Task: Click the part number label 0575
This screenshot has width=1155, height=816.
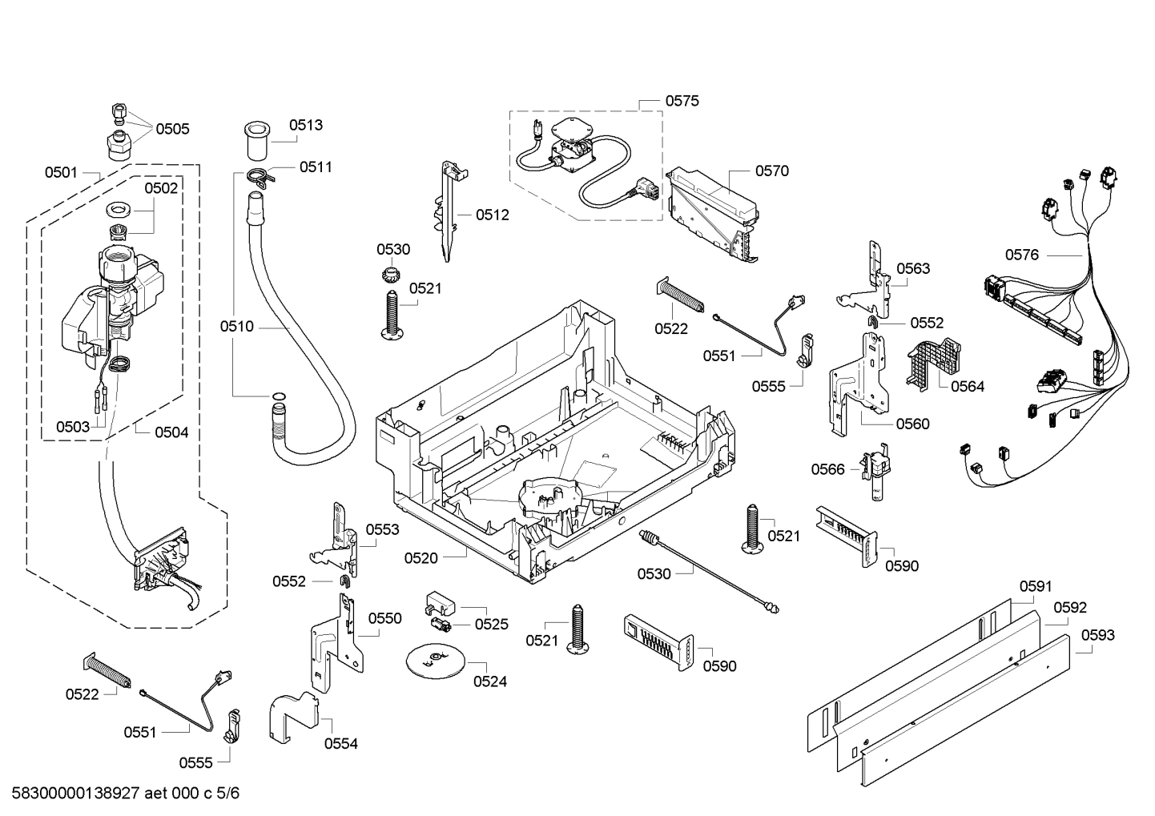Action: pos(682,101)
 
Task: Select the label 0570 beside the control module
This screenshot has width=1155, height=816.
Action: pos(771,171)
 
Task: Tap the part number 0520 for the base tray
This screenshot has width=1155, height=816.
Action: pos(421,557)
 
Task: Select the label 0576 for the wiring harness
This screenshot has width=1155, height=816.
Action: pos(1021,255)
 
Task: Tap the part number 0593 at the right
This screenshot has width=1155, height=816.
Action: pos(1097,635)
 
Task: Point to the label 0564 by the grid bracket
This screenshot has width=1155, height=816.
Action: pos(968,386)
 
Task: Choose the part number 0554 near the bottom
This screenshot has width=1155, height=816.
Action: pos(340,743)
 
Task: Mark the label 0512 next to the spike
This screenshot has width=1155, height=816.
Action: pos(492,215)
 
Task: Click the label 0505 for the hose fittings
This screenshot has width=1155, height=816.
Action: pos(172,129)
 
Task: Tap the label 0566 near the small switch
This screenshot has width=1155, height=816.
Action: pos(827,469)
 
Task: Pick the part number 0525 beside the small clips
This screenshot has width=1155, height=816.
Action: pos(491,624)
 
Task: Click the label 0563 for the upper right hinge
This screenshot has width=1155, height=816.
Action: pos(913,268)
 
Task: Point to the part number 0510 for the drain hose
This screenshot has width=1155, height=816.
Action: pos(236,326)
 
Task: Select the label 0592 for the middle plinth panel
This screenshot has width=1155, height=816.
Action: pos(1069,608)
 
